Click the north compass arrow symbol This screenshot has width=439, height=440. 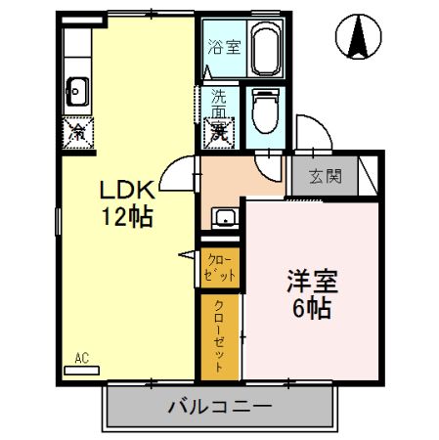tap(358, 40)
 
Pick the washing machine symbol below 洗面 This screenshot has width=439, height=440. tap(218, 132)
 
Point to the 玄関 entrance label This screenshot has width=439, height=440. tap(327, 177)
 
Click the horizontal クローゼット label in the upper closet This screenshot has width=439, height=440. tap(219, 267)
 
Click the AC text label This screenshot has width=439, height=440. tap(81, 357)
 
